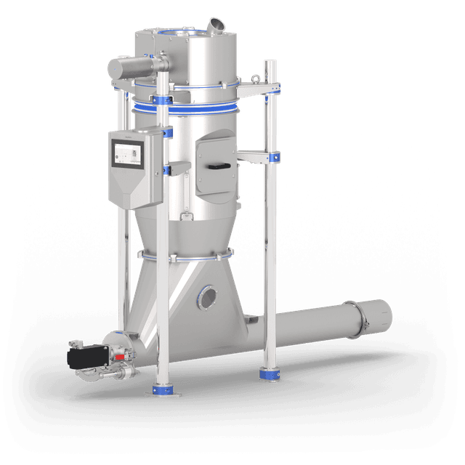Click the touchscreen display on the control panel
(129, 154)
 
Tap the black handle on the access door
(217, 167)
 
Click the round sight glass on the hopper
(208, 296)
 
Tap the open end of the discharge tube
(382, 313)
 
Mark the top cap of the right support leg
(270, 63)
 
